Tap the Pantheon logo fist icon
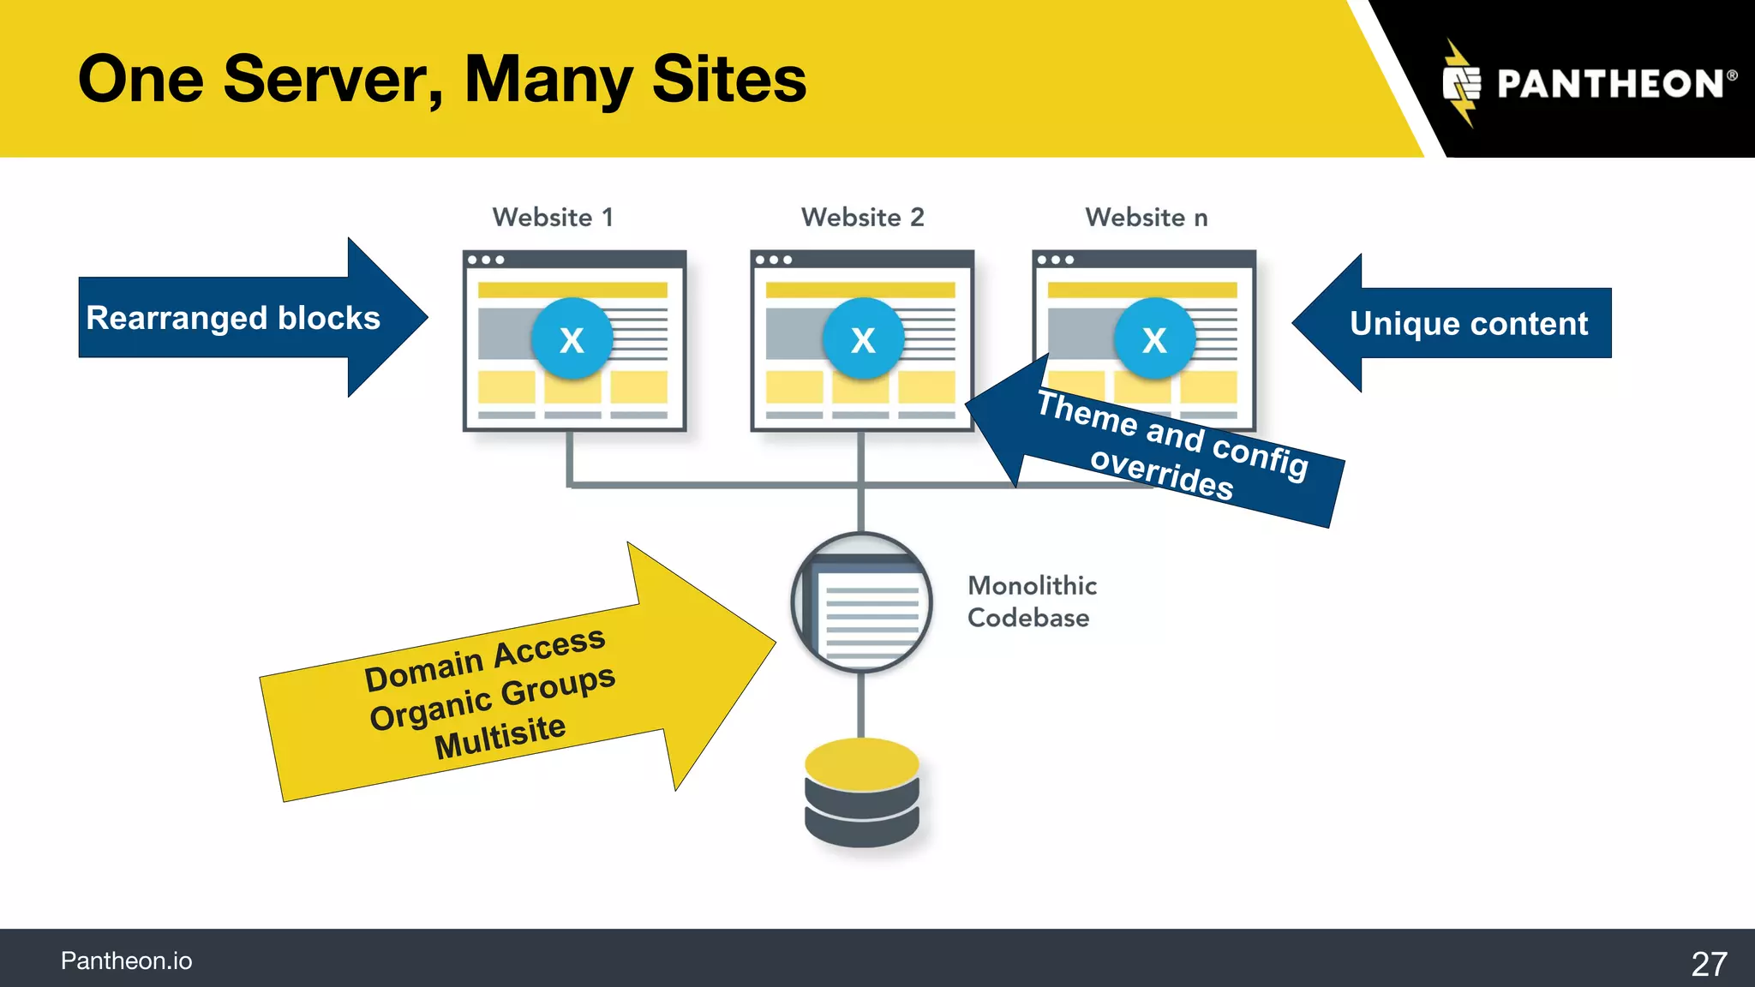[1462, 84]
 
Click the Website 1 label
[553, 218]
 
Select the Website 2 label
[862, 218]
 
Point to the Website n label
[1146, 218]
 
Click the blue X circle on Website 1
[572, 339]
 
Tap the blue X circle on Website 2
[863, 339]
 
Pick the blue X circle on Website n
[1154, 339]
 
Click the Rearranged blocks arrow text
[233, 318]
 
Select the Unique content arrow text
[1468, 324]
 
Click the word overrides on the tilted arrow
[1161, 473]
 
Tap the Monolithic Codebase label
[1031, 601]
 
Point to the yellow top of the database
[861, 763]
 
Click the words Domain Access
[485, 659]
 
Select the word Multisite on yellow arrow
[500, 735]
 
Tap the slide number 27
[1709, 964]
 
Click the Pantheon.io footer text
[126, 961]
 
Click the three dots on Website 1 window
[486, 260]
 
